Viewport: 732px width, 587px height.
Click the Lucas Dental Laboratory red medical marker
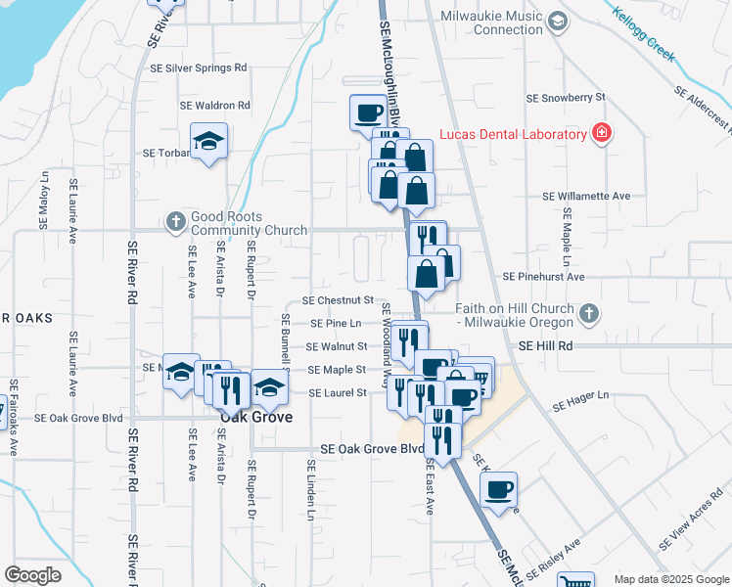coord(602,134)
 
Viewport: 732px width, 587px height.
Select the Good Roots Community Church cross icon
coord(176,220)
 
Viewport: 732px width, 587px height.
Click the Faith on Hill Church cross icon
coord(587,313)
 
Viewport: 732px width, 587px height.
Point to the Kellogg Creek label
coord(643,35)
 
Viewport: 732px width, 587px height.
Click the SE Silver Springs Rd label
coord(199,68)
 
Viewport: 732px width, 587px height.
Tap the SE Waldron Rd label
coord(215,106)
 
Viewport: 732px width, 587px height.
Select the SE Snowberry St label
coord(567,99)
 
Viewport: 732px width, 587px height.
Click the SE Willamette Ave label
coord(587,196)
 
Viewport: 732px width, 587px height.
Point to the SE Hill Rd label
coord(545,346)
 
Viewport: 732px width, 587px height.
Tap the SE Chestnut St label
coord(338,300)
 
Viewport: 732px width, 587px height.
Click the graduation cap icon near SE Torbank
coord(208,142)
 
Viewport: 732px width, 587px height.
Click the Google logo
coord(32,575)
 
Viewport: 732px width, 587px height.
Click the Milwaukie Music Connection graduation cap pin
coord(557,21)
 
